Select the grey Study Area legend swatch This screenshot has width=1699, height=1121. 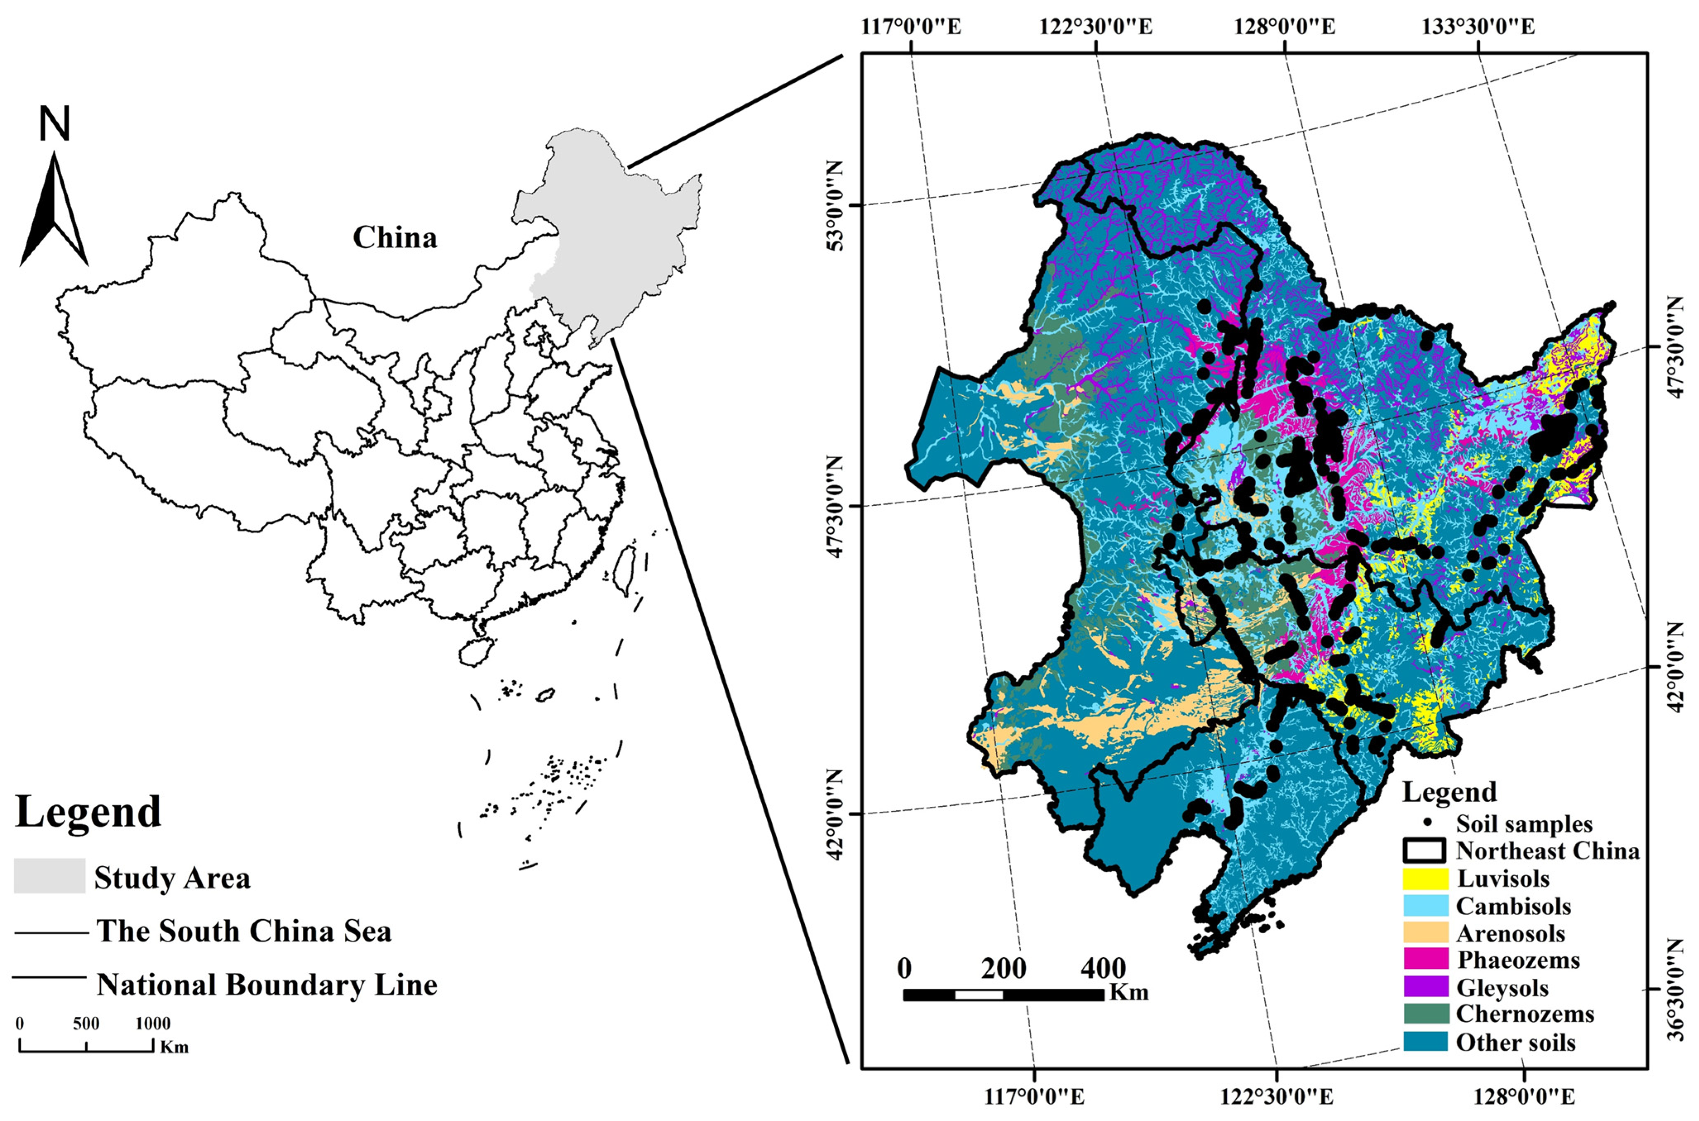pyautogui.click(x=49, y=876)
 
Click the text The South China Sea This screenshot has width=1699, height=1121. pyautogui.click(x=244, y=931)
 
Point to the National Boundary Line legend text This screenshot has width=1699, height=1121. pyautogui.click(x=267, y=985)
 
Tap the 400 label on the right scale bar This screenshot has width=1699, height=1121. pyautogui.click(x=1103, y=969)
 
